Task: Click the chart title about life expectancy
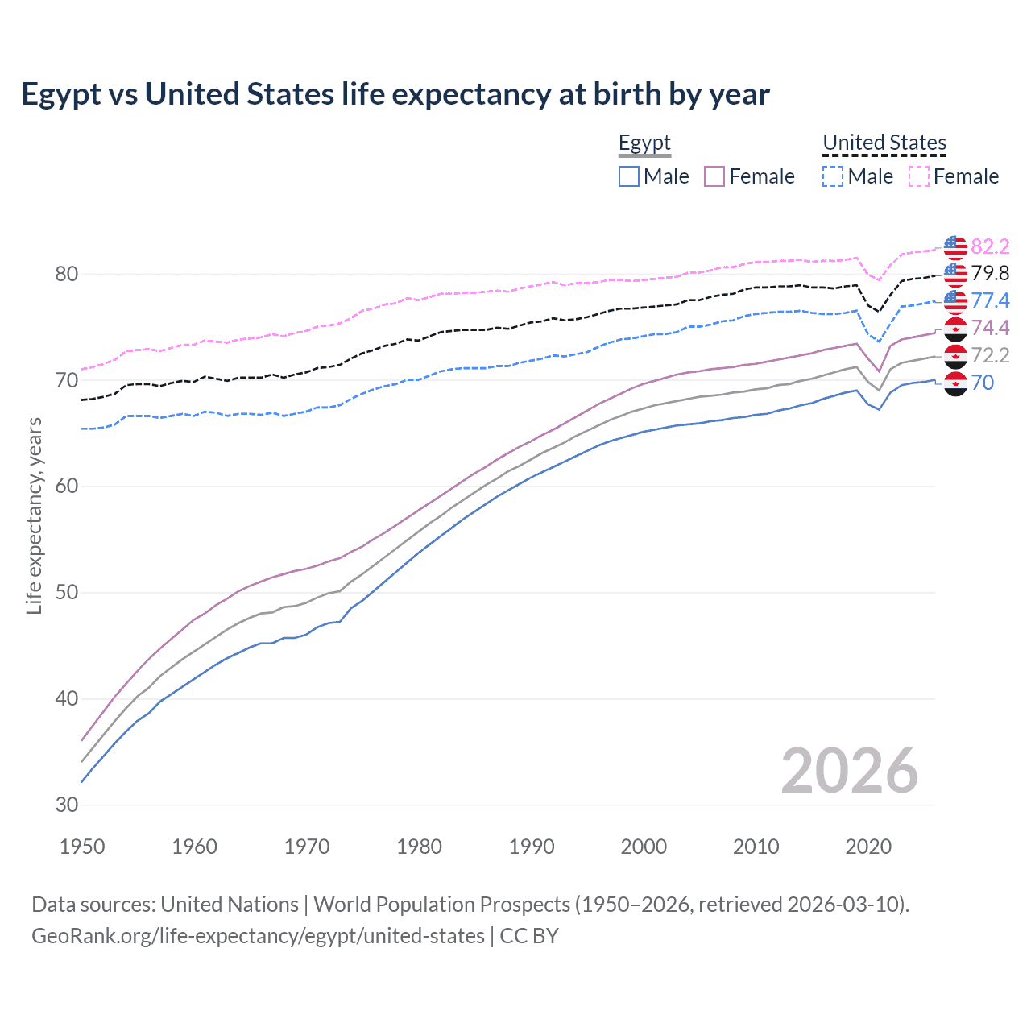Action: tap(395, 94)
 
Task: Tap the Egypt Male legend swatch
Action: tap(629, 176)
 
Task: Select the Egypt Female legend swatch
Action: tap(715, 176)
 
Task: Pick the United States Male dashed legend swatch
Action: tap(833, 176)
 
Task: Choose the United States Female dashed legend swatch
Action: tap(919, 176)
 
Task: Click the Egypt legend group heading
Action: tap(644, 143)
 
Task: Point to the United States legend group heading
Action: tap(884, 143)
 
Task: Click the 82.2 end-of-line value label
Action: tap(990, 246)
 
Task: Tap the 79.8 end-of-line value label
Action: tap(990, 274)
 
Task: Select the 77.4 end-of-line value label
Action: tap(990, 301)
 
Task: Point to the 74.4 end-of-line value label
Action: tap(990, 328)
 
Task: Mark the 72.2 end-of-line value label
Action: tap(990, 355)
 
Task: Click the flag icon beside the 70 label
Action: tap(955, 383)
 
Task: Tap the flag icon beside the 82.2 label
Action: tap(955, 246)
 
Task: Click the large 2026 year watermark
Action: tap(849, 771)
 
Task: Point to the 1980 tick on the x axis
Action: tap(419, 847)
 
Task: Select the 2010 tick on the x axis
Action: tap(756, 847)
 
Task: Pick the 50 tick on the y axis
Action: tap(67, 593)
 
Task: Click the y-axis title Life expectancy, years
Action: tap(35, 515)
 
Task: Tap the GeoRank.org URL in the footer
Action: tap(258, 936)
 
